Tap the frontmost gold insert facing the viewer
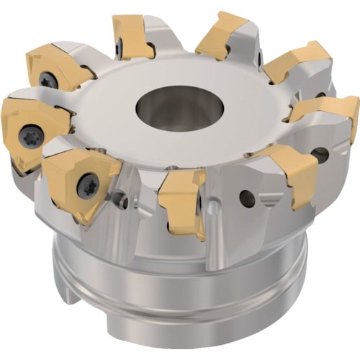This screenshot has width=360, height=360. pyautogui.click(x=183, y=202)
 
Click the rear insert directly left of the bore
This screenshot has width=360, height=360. pyautogui.click(x=133, y=36)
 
